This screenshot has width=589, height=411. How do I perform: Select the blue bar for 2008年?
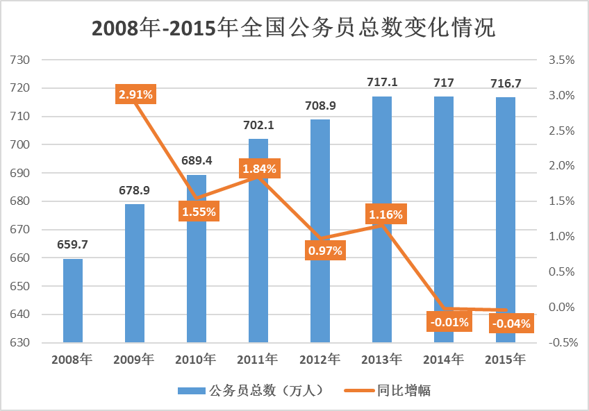[x=72, y=301]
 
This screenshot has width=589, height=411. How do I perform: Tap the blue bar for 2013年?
[x=381, y=219]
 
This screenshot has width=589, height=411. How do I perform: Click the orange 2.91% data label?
[x=135, y=94]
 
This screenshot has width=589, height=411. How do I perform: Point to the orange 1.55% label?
[x=199, y=212]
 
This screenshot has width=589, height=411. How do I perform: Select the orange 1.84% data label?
[x=259, y=169]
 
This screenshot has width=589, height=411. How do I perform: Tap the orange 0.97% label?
[x=324, y=251]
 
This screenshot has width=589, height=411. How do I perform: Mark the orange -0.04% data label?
[x=511, y=323]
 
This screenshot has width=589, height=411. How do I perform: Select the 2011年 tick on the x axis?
[x=257, y=360]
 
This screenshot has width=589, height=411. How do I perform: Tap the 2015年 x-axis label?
[x=505, y=360]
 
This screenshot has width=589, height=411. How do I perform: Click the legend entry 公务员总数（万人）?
[x=251, y=390]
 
